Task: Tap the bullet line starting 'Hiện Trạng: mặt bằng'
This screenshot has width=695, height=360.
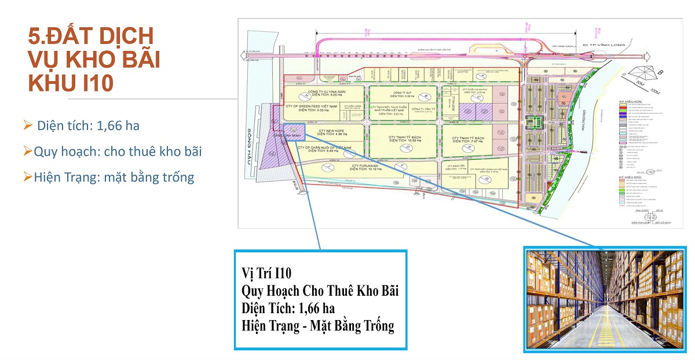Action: click(108, 177)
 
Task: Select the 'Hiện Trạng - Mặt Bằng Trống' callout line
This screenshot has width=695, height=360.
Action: click(318, 326)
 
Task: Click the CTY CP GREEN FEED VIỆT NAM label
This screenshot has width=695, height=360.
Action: click(310, 108)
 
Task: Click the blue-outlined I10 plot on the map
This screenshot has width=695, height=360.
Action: click(294, 131)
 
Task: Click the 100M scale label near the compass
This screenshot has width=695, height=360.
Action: click(654, 91)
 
